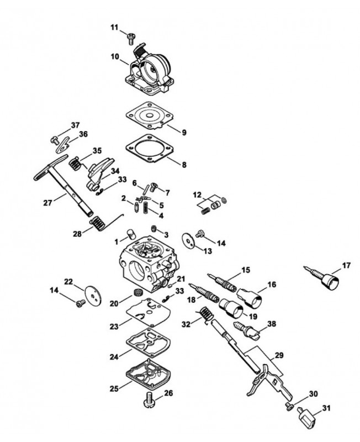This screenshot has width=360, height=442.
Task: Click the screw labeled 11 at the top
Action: [131, 39]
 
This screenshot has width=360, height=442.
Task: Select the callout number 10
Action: [115, 57]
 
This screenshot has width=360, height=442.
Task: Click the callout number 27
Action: [47, 202]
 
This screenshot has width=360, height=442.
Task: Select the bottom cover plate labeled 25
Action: [149, 374]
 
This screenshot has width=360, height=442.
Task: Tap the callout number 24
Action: [114, 356]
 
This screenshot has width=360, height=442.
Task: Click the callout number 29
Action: [279, 355]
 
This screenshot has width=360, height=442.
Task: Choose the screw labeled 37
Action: [54, 140]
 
